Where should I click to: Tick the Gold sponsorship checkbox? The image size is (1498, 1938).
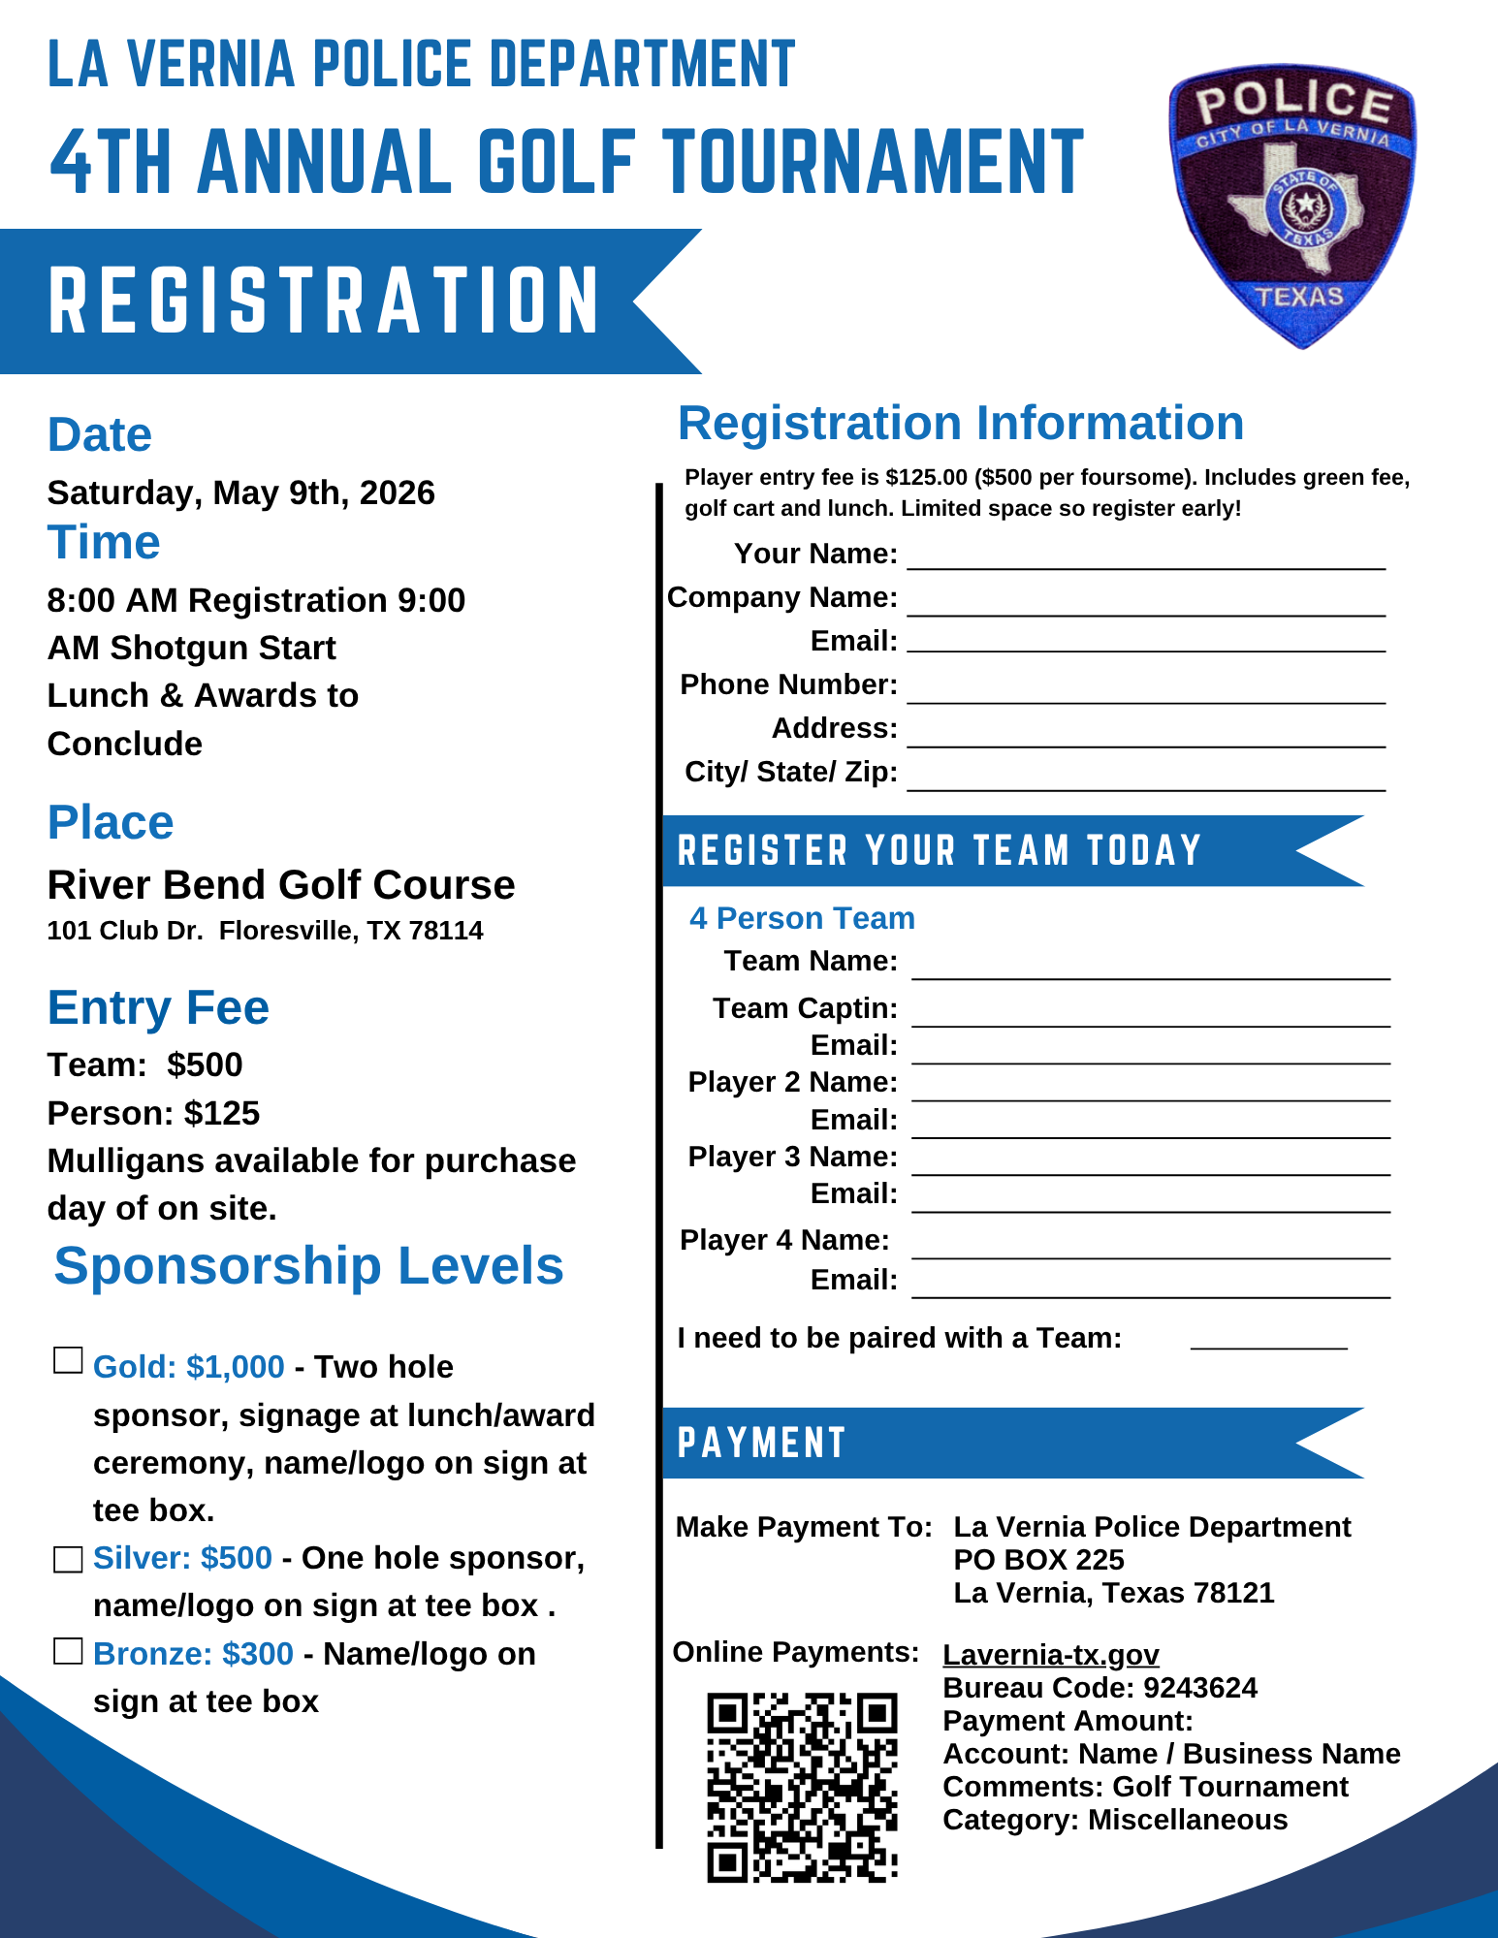tap(68, 1361)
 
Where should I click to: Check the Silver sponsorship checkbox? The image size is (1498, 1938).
tap(68, 1559)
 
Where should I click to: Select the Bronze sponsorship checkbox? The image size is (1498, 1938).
tap(68, 1651)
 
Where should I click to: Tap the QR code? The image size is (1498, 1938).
tap(802, 1787)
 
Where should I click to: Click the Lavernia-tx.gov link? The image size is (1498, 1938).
tap(1051, 1655)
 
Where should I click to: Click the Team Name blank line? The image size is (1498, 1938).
tap(1151, 968)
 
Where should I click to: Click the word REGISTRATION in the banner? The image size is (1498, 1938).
tap(324, 302)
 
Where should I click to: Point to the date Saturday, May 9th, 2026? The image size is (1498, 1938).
tap(241, 492)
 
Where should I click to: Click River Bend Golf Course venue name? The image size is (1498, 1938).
tap(281, 885)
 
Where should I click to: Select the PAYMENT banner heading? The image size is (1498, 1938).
tap(762, 1443)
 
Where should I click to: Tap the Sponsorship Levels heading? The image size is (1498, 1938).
tap(308, 1266)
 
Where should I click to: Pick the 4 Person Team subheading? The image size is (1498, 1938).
tap(802, 918)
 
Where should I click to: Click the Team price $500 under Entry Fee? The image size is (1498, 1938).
tap(205, 1064)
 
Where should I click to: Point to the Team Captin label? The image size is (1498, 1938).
tap(805, 1008)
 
